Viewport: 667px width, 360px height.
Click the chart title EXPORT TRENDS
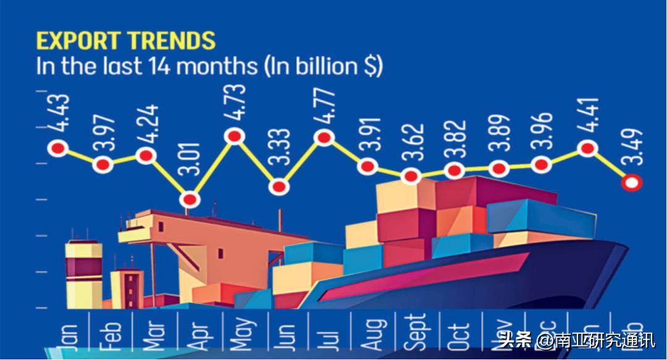(125, 41)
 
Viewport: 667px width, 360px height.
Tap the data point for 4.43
(58, 148)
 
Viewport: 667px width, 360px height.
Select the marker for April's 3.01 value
(191, 199)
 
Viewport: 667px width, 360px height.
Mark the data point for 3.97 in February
(103, 164)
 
